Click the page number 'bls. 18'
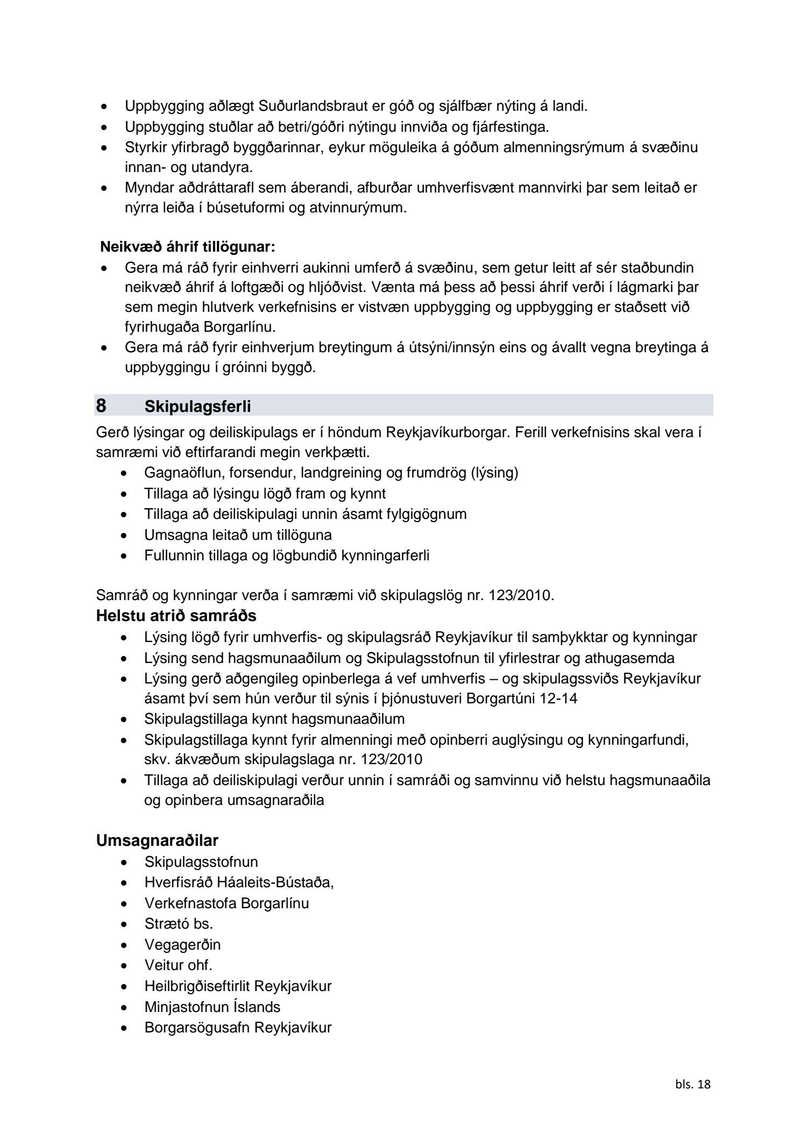(x=692, y=1085)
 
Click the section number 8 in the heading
(x=101, y=406)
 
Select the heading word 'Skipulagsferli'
(x=197, y=407)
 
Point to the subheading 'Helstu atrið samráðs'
(x=176, y=616)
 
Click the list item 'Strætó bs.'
(x=179, y=924)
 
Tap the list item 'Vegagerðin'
(x=182, y=945)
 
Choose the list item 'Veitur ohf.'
(x=178, y=965)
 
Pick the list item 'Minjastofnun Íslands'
(x=212, y=1007)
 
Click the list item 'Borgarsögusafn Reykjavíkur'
(x=238, y=1028)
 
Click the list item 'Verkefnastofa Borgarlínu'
(x=226, y=903)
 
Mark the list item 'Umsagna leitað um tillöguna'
(x=238, y=535)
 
